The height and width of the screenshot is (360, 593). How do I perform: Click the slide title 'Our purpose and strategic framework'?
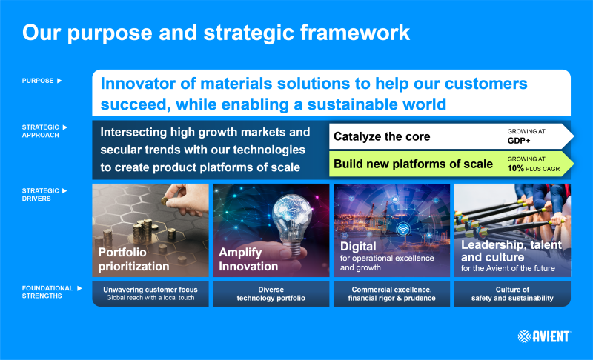click(x=215, y=33)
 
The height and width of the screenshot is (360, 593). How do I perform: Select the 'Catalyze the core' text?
click(x=381, y=136)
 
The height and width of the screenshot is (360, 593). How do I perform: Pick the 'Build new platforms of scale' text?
click(x=413, y=164)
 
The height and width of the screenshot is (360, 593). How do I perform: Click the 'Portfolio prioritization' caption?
click(x=133, y=259)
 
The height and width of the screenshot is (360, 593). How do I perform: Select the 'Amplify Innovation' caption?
click(x=248, y=259)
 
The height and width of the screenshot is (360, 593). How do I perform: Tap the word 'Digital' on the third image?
click(x=358, y=246)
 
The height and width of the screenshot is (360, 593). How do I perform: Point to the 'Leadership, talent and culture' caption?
click(x=511, y=250)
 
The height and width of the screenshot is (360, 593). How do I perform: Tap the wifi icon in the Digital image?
click(x=403, y=229)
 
